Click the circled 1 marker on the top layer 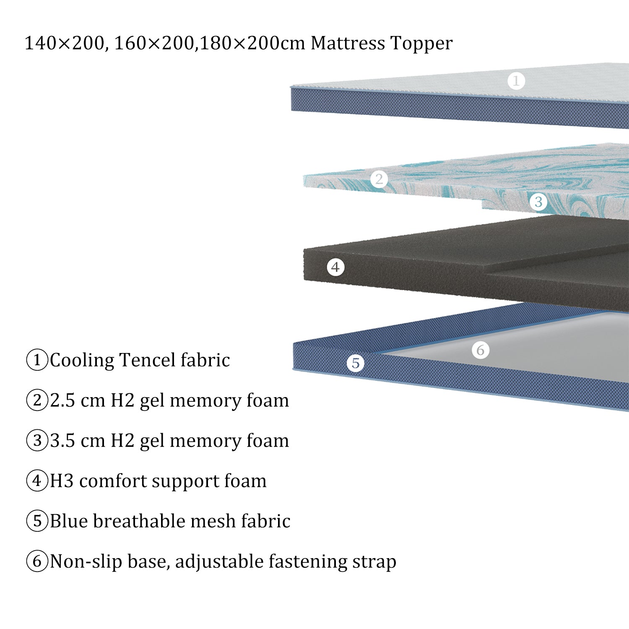[x=516, y=81]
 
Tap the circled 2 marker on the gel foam [x=379, y=179]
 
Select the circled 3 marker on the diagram [x=538, y=202]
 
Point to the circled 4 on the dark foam [x=335, y=267]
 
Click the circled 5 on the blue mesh [x=356, y=363]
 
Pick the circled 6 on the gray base [x=481, y=350]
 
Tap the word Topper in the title [x=421, y=44]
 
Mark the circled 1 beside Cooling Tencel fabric [x=37, y=360]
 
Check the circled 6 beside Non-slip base [x=37, y=561]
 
